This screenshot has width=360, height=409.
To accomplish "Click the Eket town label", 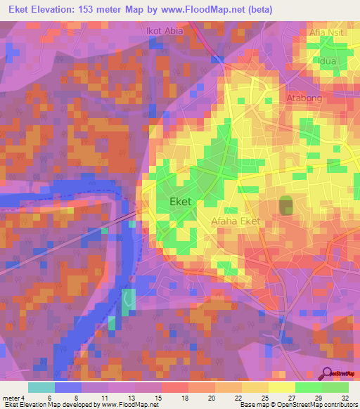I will [x=181, y=202].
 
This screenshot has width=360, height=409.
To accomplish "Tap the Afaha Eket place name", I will [x=236, y=221].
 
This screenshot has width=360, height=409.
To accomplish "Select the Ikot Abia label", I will [x=163, y=31].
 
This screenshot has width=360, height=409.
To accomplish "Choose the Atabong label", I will [x=304, y=98].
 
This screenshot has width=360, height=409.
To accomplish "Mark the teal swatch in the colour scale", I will [x=41, y=387].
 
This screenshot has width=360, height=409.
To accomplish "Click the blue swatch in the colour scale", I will [x=67, y=387].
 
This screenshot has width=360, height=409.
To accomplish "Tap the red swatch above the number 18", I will [x=174, y=387].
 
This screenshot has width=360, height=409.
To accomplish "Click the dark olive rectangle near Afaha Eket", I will [x=286, y=206].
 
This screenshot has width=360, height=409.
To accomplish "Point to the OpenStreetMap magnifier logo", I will [x=328, y=373].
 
